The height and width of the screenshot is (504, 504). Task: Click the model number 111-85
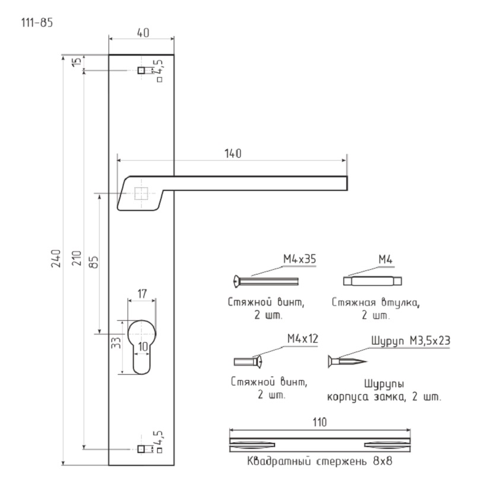(37, 23)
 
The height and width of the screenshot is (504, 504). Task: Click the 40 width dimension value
(143, 33)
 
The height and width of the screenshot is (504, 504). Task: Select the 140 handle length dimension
(232, 154)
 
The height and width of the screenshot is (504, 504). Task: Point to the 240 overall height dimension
(56, 259)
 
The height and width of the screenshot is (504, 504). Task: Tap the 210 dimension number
(77, 259)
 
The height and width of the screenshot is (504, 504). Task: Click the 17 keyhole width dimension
(142, 294)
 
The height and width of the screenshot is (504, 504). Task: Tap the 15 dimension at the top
(77, 62)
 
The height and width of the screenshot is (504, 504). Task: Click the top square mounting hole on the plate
(141, 70)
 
